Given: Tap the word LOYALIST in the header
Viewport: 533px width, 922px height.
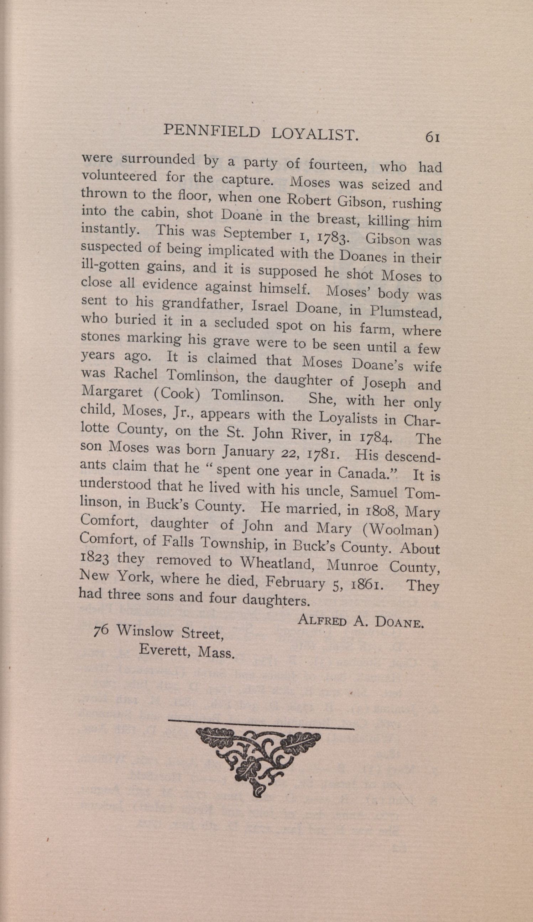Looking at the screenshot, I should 315,134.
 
